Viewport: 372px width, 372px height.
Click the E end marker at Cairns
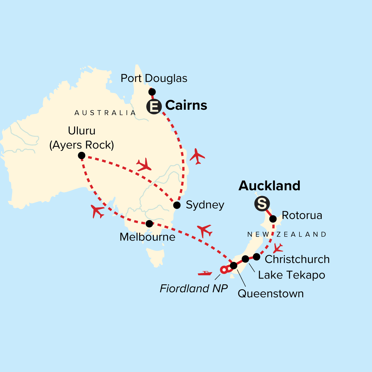pyautogui.click(x=154, y=107)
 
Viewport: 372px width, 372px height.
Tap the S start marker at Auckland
pyautogui.click(x=262, y=204)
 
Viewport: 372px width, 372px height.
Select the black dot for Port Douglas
pyautogui.click(x=152, y=92)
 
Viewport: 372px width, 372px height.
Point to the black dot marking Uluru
pyautogui.click(x=82, y=155)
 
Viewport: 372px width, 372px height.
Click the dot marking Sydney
pyautogui.click(x=177, y=205)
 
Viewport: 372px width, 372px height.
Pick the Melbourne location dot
pyautogui.click(x=149, y=224)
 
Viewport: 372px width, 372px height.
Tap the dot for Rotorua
pyautogui.click(x=273, y=219)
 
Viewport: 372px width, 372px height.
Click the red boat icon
pyautogui.click(x=205, y=273)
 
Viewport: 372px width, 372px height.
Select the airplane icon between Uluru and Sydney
pyautogui.click(x=144, y=165)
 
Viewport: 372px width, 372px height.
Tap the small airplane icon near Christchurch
pyautogui.click(x=278, y=248)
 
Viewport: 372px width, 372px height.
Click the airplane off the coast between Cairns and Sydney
pyautogui.click(x=197, y=156)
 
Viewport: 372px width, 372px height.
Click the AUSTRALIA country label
pyautogui.click(x=105, y=113)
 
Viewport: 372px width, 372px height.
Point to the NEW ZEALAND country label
pyautogui.click(x=287, y=234)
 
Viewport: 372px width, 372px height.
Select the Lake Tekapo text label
pyautogui.click(x=291, y=275)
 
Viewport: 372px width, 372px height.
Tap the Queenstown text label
pyautogui.click(x=271, y=294)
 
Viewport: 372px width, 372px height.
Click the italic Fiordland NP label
pyautogui.click(x=194, y=289)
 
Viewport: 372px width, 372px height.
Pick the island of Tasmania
pyautogui.click(x=155, y=256)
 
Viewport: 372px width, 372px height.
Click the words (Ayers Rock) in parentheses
pyautogui.click(x=82, y=145)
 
